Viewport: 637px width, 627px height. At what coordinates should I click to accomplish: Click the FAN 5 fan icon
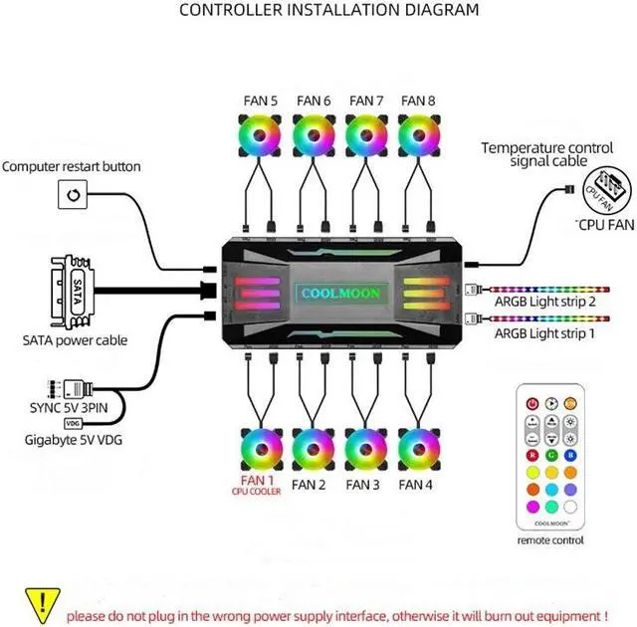[x=260, y=135]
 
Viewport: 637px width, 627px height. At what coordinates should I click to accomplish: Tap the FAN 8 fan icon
[x=419, y=135]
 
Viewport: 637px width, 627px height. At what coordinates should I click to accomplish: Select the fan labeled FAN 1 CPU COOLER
[x=262, y=450]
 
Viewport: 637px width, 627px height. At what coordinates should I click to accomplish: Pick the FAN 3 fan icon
[x=366, y=450]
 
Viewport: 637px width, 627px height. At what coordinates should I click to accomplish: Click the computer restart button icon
[x=73, y=194]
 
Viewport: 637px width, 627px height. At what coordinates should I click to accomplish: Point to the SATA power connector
[x=73, y=292]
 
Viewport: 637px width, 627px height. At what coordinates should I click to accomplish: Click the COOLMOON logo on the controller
[x=340, y=294]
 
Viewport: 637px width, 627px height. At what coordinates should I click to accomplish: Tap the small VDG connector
[x=73, y=424]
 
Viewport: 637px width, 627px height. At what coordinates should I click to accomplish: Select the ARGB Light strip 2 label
[x=544, y=302]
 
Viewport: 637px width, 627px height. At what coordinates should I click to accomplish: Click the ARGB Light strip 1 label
[x=544, y=333]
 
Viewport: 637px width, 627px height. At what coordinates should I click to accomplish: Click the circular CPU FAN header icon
[x=607, y=191]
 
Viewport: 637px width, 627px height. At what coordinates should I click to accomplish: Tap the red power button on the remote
[x=532, y=404]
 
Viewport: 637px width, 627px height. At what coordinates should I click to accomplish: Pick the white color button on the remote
[x=570, y=507]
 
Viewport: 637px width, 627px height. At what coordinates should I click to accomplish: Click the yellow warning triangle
[x=42, y=605]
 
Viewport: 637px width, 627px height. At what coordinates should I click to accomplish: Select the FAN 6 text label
[x=314, y=101]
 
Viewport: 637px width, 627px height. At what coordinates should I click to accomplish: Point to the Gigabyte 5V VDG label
[x=74, y=440]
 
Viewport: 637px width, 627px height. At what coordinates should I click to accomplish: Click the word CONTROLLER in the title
[x=231, y=10]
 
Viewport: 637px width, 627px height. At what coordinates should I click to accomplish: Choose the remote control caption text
[x=550, y=540]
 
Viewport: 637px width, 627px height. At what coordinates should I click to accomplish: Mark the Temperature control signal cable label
[x=547, y=154]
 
